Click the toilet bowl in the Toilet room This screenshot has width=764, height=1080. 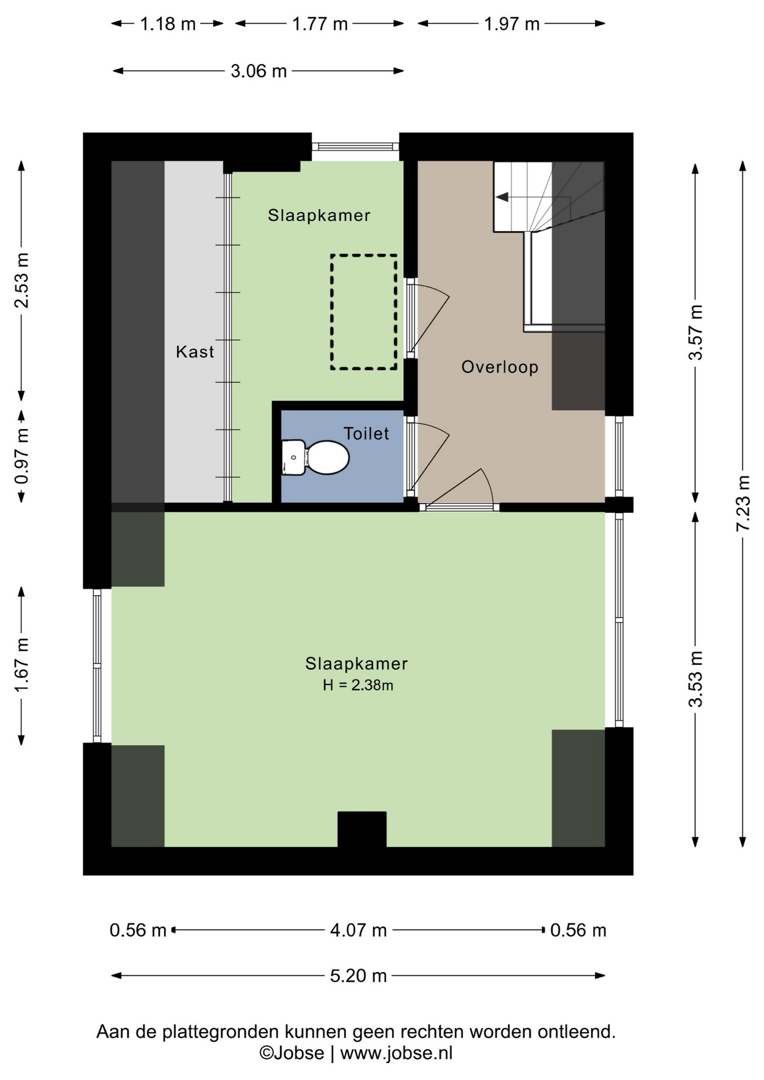click(328, 457)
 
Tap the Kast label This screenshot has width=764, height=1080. click(195, 352)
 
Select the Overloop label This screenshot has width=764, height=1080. click(500, 367)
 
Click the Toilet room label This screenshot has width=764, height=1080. click(366, 434)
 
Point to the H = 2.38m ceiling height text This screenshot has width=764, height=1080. click(358, 685)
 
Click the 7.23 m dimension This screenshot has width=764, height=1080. click(743, 503)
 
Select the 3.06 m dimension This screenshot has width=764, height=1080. click(259, 71)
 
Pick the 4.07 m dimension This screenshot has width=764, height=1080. click(358, 930)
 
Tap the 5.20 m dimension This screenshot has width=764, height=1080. click(358, 976)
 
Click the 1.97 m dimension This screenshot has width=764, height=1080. click(512, 24)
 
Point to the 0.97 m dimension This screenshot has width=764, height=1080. click(22, 456)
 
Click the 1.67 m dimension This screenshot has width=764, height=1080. click(22, 666)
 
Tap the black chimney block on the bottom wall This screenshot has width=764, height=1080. click(362, 829)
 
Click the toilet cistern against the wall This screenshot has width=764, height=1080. click(293, 457)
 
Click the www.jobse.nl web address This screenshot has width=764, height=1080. click(396, 1053)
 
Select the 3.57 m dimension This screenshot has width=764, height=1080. click(696, 332)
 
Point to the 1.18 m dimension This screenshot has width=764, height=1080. click(168, 24)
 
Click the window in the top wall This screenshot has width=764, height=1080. click(356, 146)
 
